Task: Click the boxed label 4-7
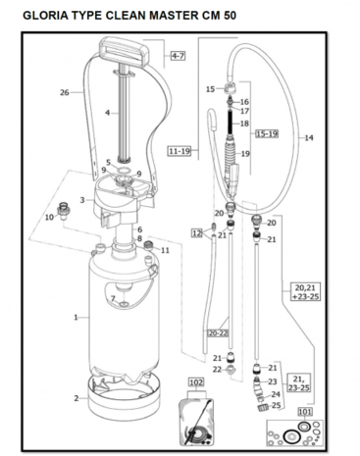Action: [x=179, y=56]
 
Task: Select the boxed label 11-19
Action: [x=180, y=151]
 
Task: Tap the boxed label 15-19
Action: [x=267, y=133]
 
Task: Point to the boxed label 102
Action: [x=196, y=382]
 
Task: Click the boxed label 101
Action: [x=305, y=412]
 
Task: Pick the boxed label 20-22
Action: [x=218, y=333]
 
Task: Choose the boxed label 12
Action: [x=197, y=233]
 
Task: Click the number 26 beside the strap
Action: [x=65, y=92]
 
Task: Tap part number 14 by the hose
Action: [x=309, y=138]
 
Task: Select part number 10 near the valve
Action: [x=49, y=217]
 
